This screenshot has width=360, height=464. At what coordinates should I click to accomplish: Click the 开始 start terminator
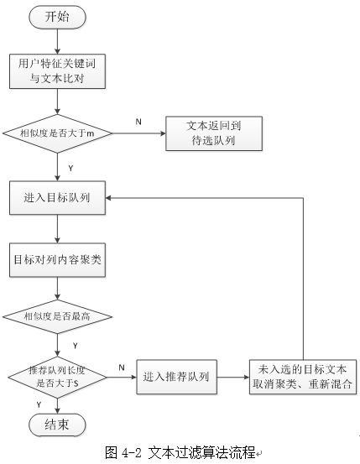[57, 17]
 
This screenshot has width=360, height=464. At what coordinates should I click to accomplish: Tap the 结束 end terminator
[57, 425]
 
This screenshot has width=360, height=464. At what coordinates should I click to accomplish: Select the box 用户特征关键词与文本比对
[57, 71]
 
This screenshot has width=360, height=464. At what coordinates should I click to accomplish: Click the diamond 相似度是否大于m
[57, 133]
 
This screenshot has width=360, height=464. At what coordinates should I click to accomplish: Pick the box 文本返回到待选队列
[214, 133]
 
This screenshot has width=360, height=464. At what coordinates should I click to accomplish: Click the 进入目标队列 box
[57, 198]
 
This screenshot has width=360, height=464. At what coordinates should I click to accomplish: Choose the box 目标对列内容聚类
[57, 260]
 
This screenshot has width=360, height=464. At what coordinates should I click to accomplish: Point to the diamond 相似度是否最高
[57, 316]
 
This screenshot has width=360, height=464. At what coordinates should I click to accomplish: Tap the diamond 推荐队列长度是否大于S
[57, 378]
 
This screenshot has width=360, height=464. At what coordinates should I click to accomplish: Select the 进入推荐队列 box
[176, 377]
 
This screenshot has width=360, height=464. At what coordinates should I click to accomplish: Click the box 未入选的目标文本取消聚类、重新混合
[303, 377]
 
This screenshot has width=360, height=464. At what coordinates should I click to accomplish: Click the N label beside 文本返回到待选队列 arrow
[138, 122]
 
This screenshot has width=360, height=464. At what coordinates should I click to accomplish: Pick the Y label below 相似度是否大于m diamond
[70, 169]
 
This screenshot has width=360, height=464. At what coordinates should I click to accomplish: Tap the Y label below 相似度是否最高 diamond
[76, 346]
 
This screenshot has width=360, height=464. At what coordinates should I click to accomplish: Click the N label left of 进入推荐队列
[122, 368]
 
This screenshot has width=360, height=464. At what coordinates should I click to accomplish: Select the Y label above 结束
[39, 404]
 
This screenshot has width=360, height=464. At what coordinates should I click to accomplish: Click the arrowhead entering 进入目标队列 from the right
[108, 198]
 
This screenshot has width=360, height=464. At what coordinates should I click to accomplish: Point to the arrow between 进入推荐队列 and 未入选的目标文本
[233, 378]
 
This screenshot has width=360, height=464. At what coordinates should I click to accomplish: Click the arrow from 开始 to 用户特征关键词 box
[57, 41]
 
